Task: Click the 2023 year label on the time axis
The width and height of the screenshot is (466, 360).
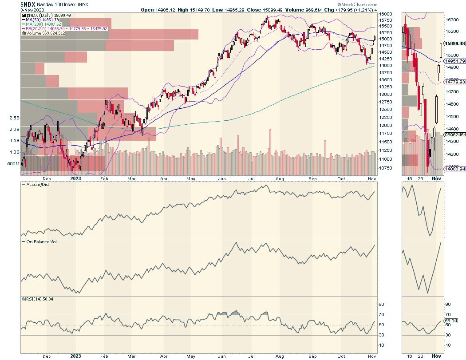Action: click(75, 178)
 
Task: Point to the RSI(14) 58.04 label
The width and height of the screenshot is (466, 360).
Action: click(37, 299)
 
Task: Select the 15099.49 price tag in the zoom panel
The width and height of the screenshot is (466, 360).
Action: click(455, 44)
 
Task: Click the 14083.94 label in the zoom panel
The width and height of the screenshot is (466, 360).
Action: click(455, 169)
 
